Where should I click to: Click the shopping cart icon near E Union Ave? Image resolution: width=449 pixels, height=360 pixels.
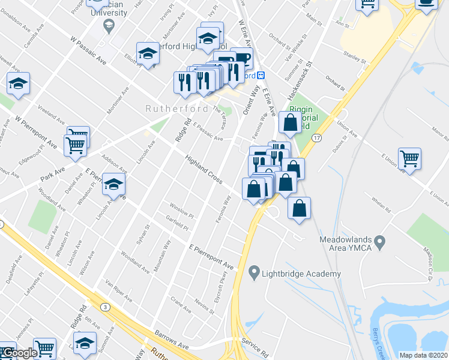(409, 159)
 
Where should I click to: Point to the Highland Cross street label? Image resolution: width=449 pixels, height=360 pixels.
(204, 170)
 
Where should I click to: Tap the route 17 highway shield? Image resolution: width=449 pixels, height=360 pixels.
(317, 138)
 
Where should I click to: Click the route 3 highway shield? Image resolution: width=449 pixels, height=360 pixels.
(106, 307)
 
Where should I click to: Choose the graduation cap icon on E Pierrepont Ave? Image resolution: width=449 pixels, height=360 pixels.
(113, 184)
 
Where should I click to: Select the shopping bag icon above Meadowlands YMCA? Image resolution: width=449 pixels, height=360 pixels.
(299, 208)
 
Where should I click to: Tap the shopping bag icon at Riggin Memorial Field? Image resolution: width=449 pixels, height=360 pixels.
(290, 123)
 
